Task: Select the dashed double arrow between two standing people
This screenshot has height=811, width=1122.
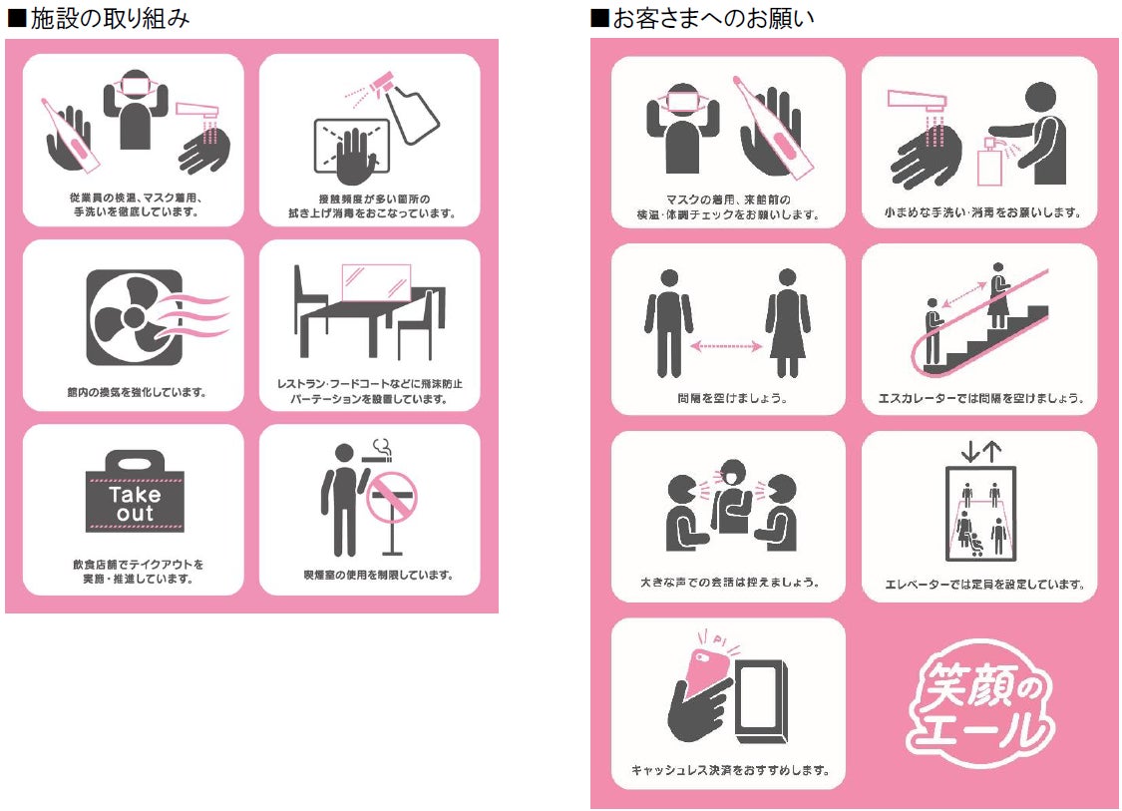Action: coord(726,346)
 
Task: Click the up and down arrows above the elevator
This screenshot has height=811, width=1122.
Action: coord(980,451)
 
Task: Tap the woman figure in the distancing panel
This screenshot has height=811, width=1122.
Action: coord(788,323)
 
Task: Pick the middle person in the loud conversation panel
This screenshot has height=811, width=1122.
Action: coord(733,496)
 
